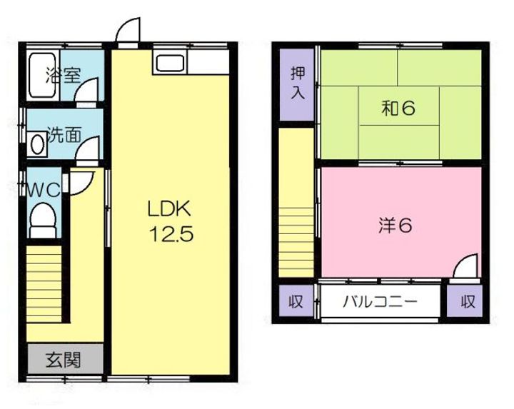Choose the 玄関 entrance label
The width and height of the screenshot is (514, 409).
tap(64, 359)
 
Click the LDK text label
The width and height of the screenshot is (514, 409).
tap(168, 209)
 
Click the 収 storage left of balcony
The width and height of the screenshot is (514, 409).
tap(295, 301)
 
